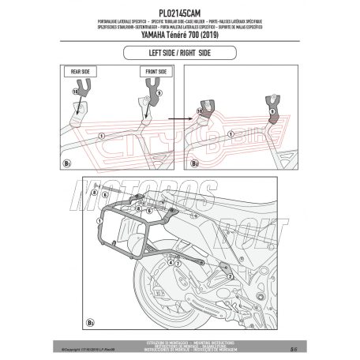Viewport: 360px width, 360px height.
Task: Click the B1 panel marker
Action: [x=66, y=163]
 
